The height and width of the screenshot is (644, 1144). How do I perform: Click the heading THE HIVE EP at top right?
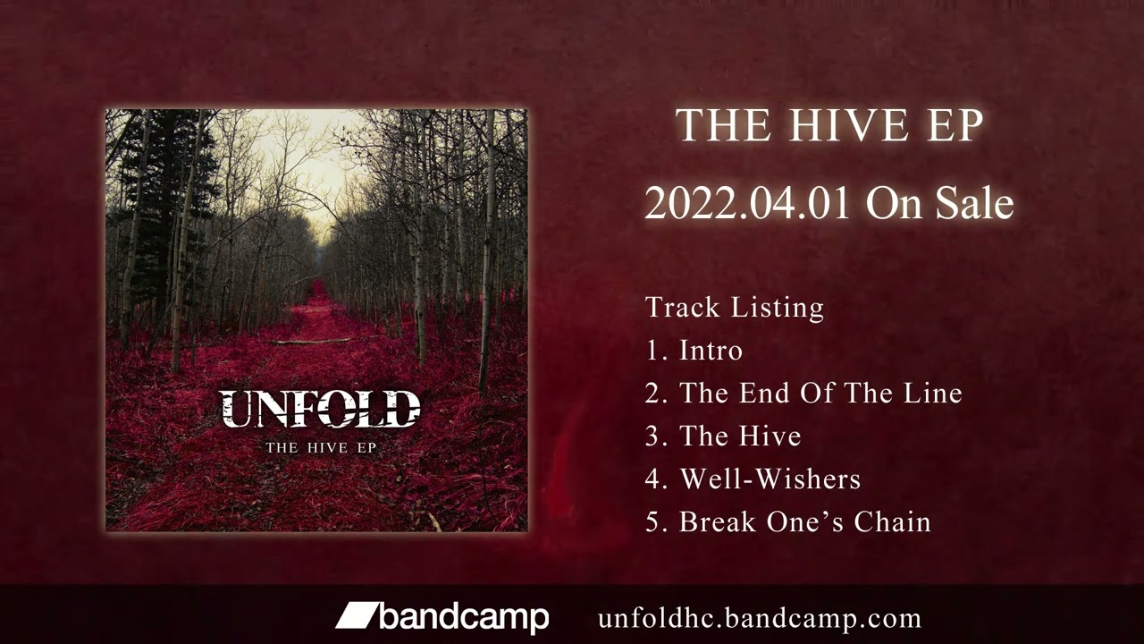coord(829,125)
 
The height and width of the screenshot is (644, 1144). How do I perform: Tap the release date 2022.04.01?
coord(746,204)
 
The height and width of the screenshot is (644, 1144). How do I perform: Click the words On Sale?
coord(939,204)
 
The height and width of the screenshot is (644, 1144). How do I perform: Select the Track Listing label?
coord(735,308)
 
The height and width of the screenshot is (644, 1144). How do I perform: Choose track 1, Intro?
coord(711,351)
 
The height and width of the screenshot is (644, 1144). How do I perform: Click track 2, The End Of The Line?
coord(820,394)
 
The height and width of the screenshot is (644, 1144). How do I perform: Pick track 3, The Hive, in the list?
coord(740,436)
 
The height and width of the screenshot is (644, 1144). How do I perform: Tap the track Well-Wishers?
coord(770,479)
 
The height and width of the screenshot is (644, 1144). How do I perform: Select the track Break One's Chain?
coord(804,522)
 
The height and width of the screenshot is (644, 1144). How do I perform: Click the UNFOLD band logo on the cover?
coord(320,409)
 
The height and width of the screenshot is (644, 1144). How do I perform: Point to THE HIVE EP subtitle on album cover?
coord(320,446)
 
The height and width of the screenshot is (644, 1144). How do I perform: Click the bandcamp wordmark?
coord(463,617)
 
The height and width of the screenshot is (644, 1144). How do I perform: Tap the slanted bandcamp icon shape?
coord(356,615)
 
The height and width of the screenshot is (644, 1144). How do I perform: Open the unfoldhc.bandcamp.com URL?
coord(759,618)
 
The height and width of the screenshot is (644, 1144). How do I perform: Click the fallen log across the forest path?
coord(313,341)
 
